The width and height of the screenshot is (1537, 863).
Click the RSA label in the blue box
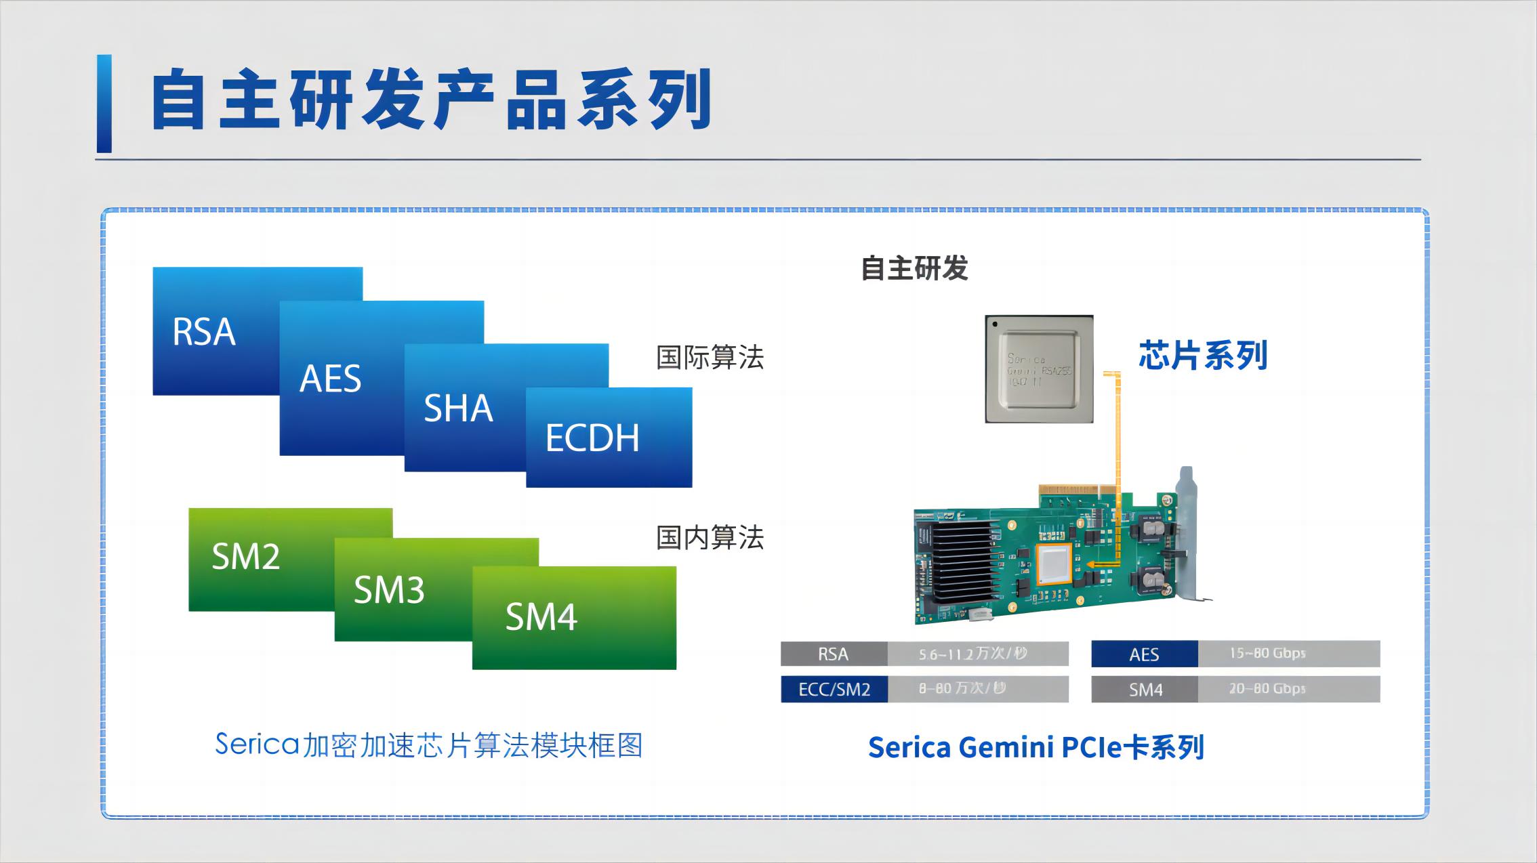[204, 332]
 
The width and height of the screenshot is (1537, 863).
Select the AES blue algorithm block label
[331, 379]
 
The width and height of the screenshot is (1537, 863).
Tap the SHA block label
[458, 408]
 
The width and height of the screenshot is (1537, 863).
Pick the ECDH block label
[592, 438]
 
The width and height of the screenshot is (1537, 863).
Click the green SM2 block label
[245, 557]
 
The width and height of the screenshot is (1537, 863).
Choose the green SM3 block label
[389, 590]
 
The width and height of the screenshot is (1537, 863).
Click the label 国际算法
[710, 358]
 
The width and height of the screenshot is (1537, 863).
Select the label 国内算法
[710, 538]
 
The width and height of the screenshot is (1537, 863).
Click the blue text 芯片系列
[1203, 356]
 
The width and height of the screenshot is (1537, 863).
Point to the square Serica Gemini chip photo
[1039, 369]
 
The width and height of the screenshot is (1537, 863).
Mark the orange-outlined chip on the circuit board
[1054, 564]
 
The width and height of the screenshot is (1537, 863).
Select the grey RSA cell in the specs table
[834, 654]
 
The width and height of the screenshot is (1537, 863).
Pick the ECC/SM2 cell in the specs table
[834, 690]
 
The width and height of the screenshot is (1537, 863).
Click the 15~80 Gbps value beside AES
[1267, 654]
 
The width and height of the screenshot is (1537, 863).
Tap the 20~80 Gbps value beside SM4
[1267, 689]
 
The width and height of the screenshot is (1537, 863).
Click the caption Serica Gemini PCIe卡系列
[1036, 748]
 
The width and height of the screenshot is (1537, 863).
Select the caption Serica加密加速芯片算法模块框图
[428, 745]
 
